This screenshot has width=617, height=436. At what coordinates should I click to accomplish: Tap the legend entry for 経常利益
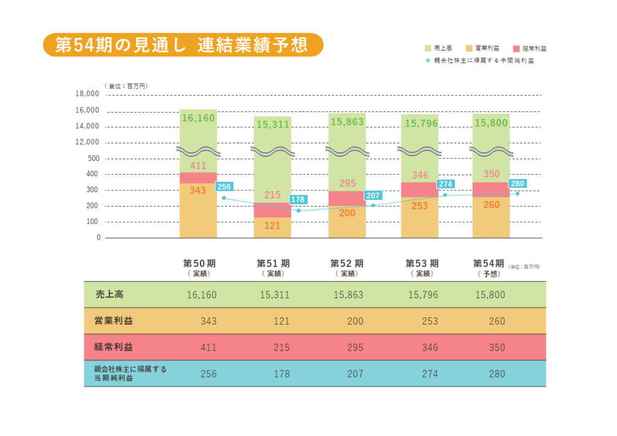(x=530, y=48)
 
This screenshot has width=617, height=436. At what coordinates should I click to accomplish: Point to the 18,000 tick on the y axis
(x=87, y=94)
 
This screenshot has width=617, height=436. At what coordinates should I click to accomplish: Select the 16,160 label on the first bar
(x=198, y=118)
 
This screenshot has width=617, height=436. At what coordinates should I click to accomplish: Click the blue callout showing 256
(x=224, y=187)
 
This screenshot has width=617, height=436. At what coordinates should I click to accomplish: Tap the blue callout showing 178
(x=298, y=199)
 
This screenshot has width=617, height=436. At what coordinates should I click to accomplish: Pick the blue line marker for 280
(x=517, y=193)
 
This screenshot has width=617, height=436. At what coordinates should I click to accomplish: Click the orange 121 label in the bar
(x=272, y=225)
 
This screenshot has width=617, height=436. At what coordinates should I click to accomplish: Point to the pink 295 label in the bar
(x=348, y=183)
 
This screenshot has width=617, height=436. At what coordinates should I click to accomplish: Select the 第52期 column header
(x=346, y=264)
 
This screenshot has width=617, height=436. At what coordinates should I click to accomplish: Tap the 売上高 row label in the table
(x=110, y=294)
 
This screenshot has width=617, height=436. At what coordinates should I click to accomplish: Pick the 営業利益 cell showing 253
(x=430, y=321)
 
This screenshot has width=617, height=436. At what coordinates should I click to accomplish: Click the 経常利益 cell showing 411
(x=208, y=347)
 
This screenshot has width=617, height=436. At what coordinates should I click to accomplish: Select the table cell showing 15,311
(x=275, y=295)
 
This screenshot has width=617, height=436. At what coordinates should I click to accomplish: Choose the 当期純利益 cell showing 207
(x=355, y=374)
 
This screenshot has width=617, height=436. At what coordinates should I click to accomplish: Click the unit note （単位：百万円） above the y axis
(x=126, y=86)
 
